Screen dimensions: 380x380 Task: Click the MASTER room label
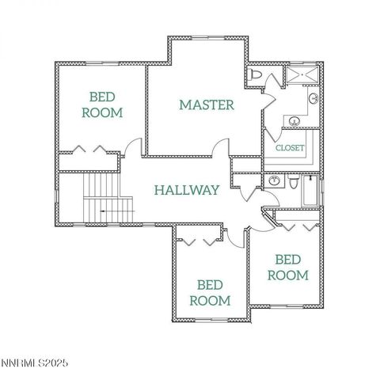click(x=206, y=104)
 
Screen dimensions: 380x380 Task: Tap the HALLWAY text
click(x=187, y=190)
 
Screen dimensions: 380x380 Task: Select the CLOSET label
click(x=289, y=148)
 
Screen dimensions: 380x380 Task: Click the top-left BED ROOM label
click(x=102, y=104)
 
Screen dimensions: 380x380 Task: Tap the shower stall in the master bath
click(x=302, y=75)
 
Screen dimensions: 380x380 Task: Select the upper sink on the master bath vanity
click(x=313, y=100)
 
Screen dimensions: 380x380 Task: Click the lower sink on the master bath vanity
click(x=294, y=122)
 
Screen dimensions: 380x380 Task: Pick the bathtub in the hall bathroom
click(x=312, y=190)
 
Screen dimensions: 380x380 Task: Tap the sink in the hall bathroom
click(x=274, y=181)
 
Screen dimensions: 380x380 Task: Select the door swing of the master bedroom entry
click(x=221, y=148)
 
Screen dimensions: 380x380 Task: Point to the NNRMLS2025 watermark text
click(x=35, y=363)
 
